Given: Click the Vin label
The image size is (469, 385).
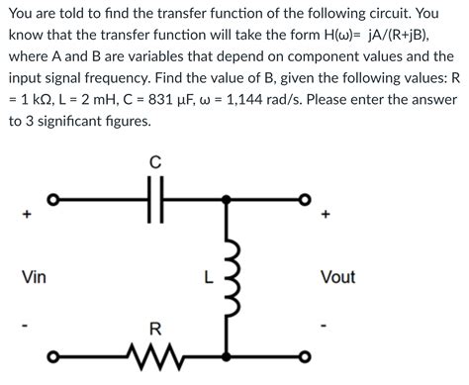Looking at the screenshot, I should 34,277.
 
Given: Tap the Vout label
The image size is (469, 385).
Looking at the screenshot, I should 337,277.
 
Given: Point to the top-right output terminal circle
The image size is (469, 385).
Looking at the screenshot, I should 304,202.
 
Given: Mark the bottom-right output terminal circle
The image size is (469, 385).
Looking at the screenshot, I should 304,357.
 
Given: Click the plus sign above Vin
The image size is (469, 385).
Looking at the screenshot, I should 27,214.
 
